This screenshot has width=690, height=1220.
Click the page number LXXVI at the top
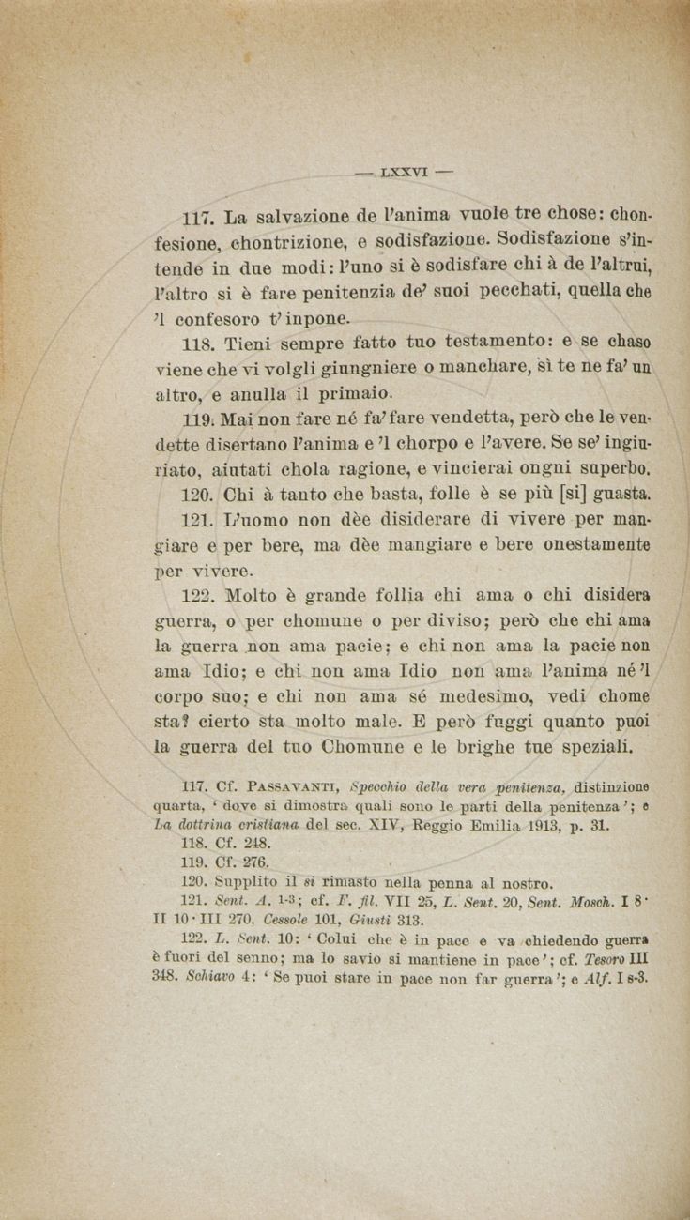pyautogui.click(x=405, y=173)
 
